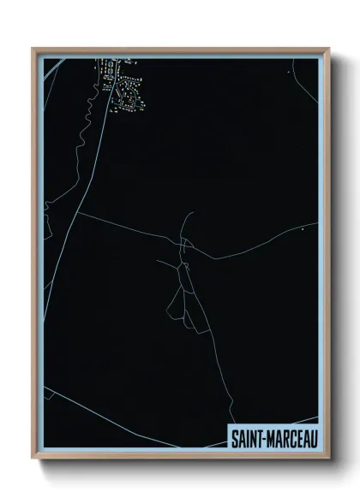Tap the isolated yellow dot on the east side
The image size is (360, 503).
(x=303, y=229)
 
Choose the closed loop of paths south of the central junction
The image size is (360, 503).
(x=180, y=299)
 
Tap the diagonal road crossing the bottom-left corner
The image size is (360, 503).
(x=129, y=418)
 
